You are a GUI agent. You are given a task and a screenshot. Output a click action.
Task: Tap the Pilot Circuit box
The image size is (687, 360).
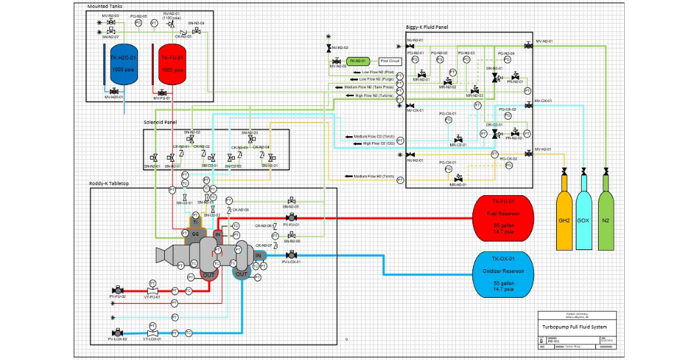(x=391, y=61)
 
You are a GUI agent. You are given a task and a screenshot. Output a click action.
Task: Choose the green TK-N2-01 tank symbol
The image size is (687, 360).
(x=358, y=61)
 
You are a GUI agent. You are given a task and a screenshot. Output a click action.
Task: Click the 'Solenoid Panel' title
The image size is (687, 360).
(x=160, y=122)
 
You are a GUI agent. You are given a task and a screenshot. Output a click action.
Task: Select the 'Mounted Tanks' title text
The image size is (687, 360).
(x=106, y=6)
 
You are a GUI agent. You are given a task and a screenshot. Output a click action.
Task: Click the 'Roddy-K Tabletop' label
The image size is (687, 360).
(x=109, y=184)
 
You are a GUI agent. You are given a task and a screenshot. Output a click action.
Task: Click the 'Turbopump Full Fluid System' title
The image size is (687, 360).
(x=574, y=325)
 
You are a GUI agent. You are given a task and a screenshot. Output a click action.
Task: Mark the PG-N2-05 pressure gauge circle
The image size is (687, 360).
(x=138, y=22)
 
